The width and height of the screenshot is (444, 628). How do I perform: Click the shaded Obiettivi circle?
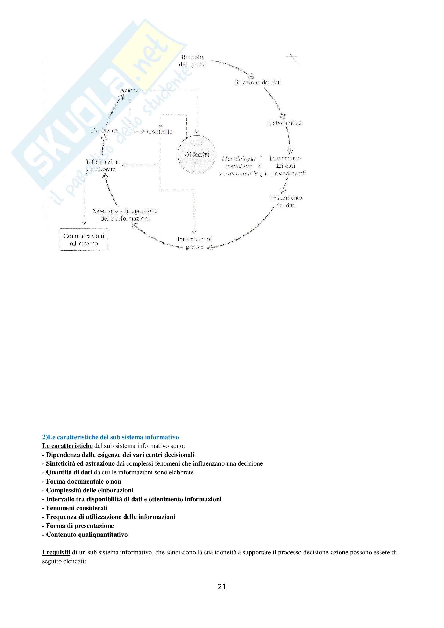click(x=196, y=155)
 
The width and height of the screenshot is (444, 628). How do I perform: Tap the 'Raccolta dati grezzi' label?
click(x=193, y=61)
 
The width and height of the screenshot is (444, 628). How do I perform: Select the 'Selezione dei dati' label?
click(x=258, y=82)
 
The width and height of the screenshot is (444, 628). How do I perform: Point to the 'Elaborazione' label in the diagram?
click(x=284, y=123)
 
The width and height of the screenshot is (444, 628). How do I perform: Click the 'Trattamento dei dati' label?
click(x=286, y=201)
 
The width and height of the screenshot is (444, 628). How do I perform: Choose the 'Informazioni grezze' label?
click(x=194, y=243)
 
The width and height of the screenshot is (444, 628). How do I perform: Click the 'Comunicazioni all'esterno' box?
click(x=84, y=239)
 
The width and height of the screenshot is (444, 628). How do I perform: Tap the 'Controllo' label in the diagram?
click(x=160, y=132)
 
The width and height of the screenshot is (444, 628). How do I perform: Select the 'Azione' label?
click(x=129, y=90)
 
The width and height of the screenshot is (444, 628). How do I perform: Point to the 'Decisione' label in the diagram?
click(x=104, y=130)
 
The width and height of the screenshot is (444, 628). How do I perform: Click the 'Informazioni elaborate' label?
click(x=103, y=165)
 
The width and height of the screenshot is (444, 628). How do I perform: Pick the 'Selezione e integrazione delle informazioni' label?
click(x=125, y=215)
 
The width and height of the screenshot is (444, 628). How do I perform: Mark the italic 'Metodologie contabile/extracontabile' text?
click(x=239, y=166)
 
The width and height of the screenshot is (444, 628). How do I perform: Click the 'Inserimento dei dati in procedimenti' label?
click(x=285, y=166)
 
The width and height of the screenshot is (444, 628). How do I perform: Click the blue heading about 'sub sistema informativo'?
click(x=110, y=437)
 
